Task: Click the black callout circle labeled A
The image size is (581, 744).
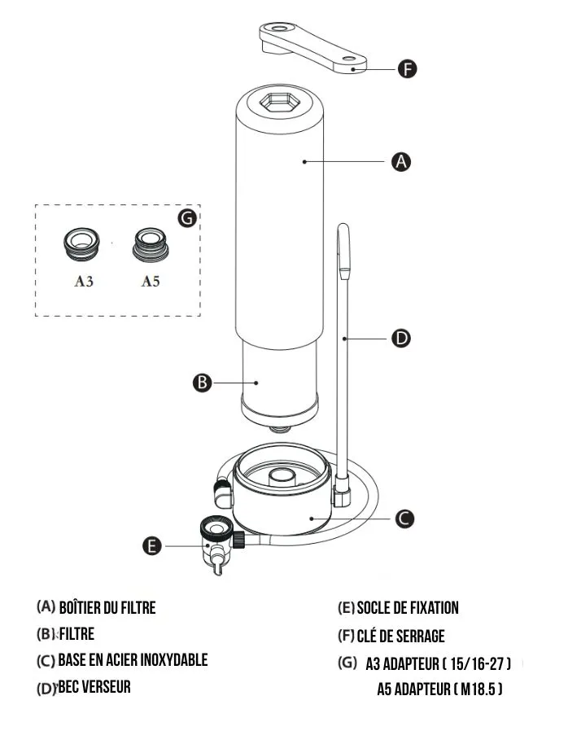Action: coord(400,162)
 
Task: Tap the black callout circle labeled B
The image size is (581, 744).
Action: coord(203,382)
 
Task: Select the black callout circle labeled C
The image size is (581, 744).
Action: coord(405,518)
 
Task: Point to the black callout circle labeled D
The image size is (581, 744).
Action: coord(401,337)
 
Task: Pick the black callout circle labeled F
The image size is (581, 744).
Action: coord(407,68)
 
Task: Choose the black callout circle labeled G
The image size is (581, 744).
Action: coord(187,218)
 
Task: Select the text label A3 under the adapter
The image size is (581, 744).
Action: coord(84,282)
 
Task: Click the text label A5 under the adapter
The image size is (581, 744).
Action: coord(151,282)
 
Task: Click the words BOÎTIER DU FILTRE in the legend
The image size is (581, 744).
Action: coord(107,607)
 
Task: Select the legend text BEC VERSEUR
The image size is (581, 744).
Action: coord(94,688)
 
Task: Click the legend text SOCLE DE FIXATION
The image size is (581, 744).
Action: coord(408,608)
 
